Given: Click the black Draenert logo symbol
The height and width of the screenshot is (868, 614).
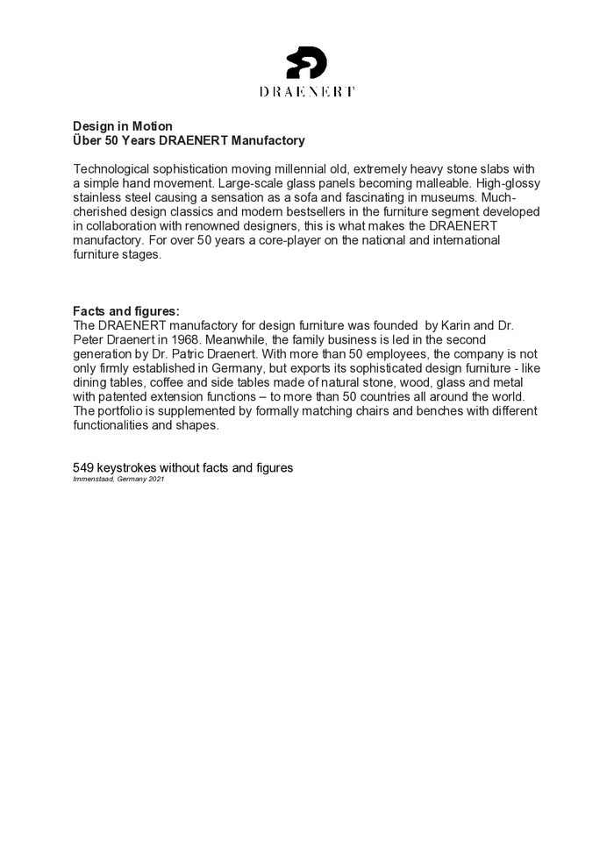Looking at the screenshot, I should point(307,63).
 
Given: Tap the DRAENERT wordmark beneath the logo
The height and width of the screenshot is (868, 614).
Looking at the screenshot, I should point(307,91).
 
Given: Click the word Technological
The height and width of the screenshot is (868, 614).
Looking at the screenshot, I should point(113,168).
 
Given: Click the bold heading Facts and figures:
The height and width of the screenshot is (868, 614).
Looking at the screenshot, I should point(126,310).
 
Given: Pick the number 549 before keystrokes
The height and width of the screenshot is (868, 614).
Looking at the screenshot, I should point(83,467).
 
